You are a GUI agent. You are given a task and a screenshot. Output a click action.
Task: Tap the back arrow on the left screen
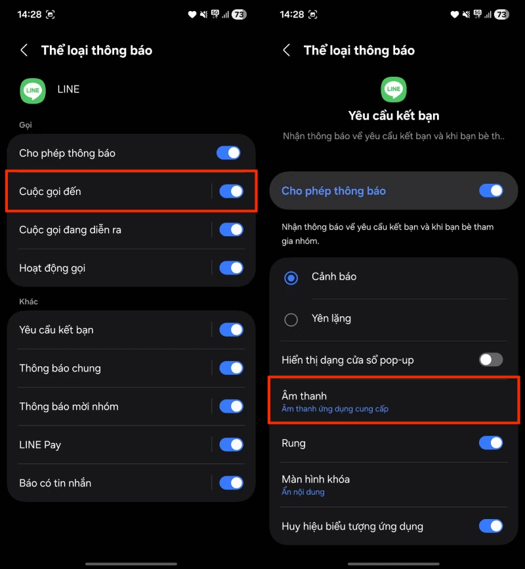[x=24, y=50]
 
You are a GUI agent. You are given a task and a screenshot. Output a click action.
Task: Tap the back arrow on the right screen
[x=286, y=50]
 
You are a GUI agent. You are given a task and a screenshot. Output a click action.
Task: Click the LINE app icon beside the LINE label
[x=33, y=91]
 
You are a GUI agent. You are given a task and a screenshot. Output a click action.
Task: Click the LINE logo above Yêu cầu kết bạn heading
[x=394, y=89]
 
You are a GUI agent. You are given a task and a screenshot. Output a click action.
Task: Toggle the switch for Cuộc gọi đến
[x=231, y=191]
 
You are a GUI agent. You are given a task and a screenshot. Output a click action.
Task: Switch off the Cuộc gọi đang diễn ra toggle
[x=231, y=230]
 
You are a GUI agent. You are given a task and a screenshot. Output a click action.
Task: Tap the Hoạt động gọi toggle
[x=231, y=268]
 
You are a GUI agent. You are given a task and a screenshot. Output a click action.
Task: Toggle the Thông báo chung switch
[x=231, y=368]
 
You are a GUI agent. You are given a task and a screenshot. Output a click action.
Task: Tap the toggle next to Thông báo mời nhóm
[x=231, y=406]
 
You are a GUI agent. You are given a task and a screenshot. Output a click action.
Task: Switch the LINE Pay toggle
[x=231, y=444]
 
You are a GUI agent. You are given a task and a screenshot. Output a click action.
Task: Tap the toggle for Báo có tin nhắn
[x=231, y=483]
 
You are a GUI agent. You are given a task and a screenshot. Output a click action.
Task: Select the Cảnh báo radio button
[x=291, y=278]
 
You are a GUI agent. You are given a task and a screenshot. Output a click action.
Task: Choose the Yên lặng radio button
[x=291, y=320]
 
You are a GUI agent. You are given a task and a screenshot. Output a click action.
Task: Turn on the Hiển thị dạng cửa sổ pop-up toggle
[x=491, y=360]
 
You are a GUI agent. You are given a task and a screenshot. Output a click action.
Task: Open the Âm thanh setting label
[x=304, y=396]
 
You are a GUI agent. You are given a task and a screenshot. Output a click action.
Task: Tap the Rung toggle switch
[x=491, y=443]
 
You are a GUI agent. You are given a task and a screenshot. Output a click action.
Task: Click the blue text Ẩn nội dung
[x=303, y=492]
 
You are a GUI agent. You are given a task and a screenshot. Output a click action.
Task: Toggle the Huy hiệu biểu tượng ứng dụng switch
[x=491, y=526]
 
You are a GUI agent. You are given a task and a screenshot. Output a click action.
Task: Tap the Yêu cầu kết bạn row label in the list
[x=56, y=330]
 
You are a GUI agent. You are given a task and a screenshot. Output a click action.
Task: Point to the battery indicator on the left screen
[x=239, y=14]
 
